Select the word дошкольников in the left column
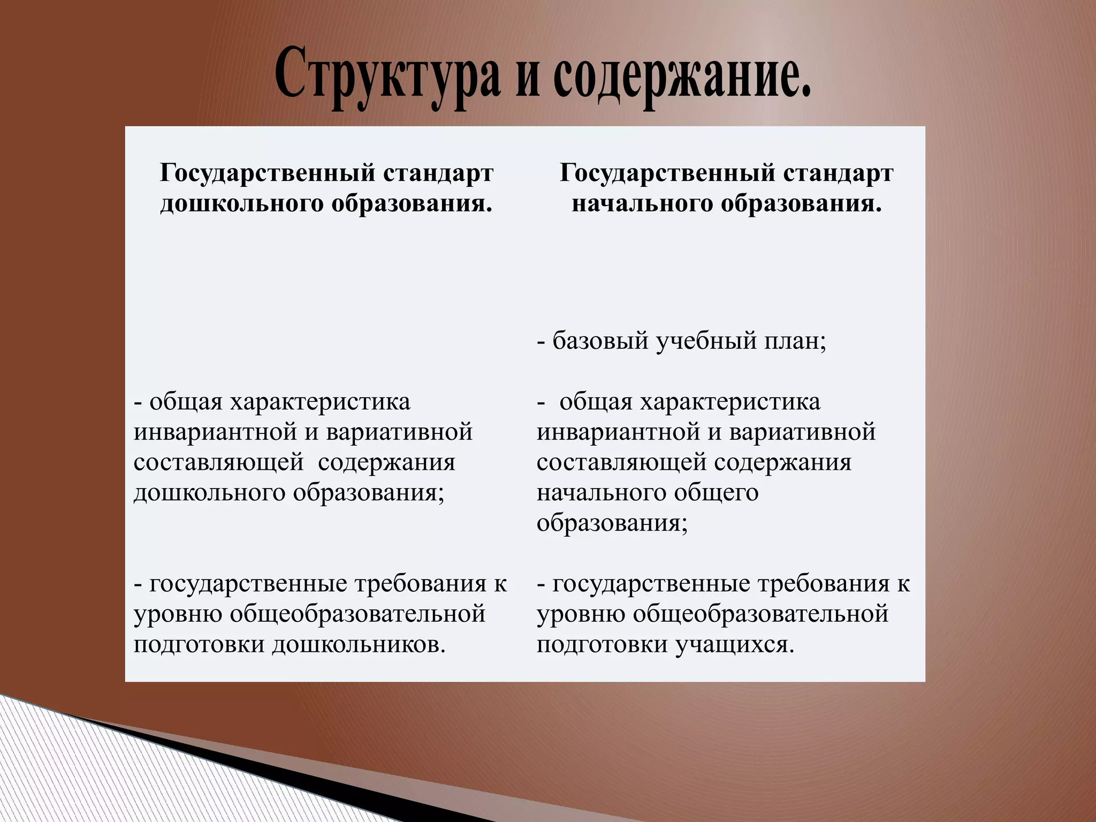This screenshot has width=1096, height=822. click(x=359, y=644)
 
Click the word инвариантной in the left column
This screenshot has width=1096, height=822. click(x=214, y=431)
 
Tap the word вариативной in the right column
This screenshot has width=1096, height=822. click(x=802, y=431)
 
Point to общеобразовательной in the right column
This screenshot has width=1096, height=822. click(x=760, y=614)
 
